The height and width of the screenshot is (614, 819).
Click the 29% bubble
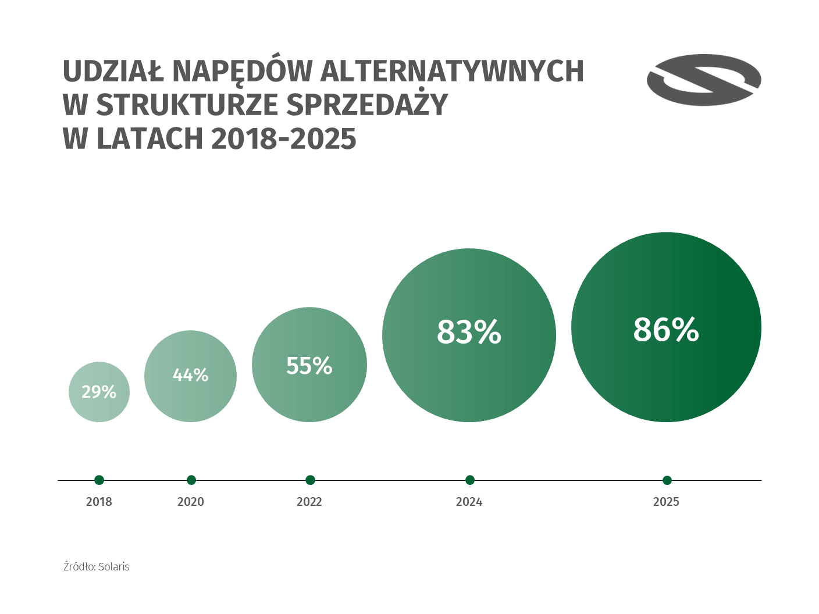(x=99, y=392)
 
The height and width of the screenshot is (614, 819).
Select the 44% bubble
(x=190, y=376)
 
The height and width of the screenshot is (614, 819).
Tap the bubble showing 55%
(x=309, y=365)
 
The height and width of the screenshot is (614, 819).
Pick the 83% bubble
(x=469, y=335)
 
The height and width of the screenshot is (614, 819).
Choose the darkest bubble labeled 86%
(x=666, y=327)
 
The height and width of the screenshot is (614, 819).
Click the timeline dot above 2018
(x=99, y=480)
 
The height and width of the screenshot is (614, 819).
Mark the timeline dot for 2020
(x=191, y=480)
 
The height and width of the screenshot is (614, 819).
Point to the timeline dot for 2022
(x=310, y=480)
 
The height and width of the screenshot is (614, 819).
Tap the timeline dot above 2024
(x=470, y=480)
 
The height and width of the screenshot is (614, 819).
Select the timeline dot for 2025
(x=667, y=480)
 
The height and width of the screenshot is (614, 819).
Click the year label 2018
(x=99, y=502)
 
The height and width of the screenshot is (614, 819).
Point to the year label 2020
(x=191, y=502)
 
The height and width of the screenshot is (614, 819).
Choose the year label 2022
(x=309, y=502)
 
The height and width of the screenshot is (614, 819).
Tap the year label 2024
(x=469, y=502)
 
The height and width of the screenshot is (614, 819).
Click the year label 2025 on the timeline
(x=666, y=502)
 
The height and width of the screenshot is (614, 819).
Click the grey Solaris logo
(x=704, y=80)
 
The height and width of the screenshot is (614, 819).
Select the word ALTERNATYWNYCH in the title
(x=452, y=72)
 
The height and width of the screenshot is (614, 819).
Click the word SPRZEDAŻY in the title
(x=367, y=105)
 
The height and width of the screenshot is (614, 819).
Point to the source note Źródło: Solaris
(x=97, y=566)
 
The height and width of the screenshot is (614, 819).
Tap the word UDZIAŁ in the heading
(x=113, y=72)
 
